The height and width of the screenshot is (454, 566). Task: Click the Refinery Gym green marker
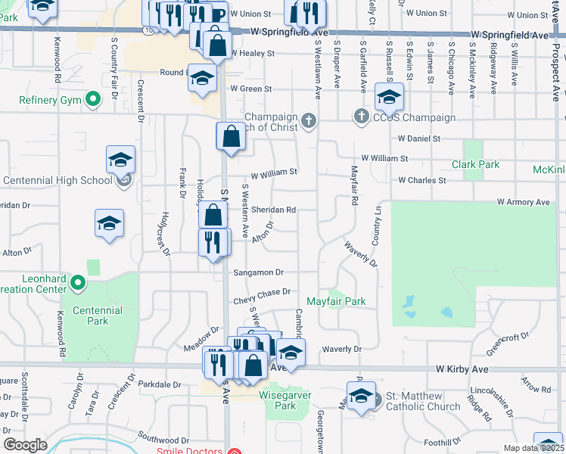tap(94, 99)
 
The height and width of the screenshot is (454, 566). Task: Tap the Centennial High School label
tap(58, 180)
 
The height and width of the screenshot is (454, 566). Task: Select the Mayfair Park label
tap(336, 301)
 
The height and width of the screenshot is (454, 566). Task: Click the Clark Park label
tap(475, 164)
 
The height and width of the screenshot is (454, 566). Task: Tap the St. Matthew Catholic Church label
tap(423, 401)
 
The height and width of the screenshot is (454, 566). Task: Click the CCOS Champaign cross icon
tap(361, 117)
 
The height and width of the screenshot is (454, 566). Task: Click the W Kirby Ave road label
tap(465, 368)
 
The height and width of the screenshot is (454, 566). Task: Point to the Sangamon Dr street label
tap(258, 272)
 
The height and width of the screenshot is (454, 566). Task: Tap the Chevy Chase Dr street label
tap(263, 292)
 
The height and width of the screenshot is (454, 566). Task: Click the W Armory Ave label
tap(523, 202)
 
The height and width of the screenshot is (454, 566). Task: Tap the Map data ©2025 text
tap(533, 448)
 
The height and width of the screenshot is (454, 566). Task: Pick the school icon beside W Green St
tap(202, 78)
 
